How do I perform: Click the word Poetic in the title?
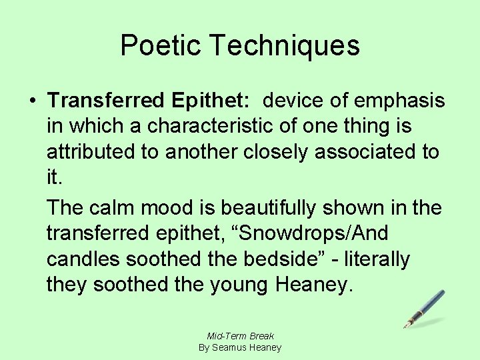coord(161,46)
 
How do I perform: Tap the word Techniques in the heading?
coord(285,46)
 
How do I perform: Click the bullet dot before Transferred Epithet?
coord(32,101)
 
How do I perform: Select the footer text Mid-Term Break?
coord(241,336)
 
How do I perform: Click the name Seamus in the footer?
coord(228,347)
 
